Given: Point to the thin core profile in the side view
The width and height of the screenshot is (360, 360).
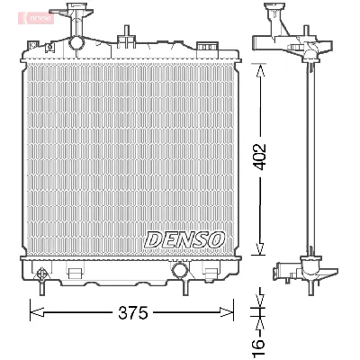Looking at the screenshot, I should (x=309, y=162).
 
